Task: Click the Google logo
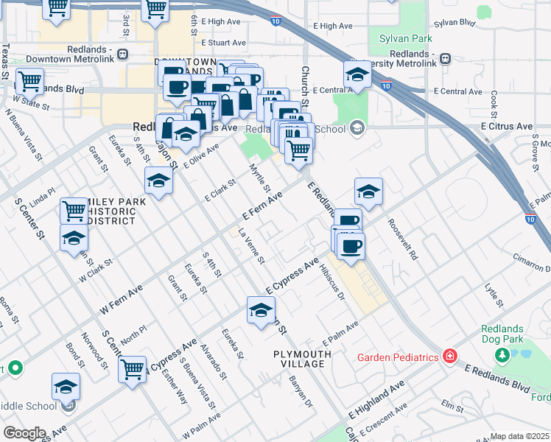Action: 24,433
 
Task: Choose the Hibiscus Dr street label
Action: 331,284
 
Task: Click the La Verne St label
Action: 250,246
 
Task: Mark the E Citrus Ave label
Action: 506,127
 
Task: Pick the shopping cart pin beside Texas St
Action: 29,80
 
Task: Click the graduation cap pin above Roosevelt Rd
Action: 368,192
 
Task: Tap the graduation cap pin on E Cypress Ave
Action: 261,310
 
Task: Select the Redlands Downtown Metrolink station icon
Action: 122,54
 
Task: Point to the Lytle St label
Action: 494,295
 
